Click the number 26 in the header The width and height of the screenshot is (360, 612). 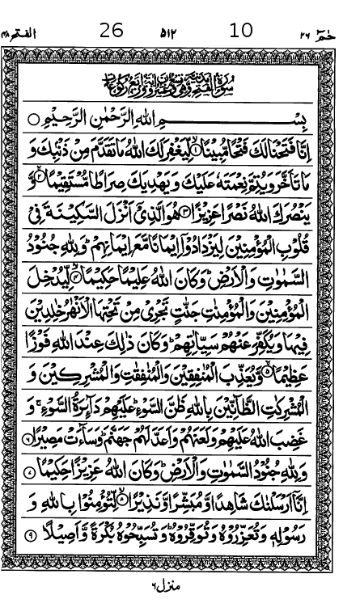coord(111,31)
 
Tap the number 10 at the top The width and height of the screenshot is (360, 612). coord(240,31)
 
